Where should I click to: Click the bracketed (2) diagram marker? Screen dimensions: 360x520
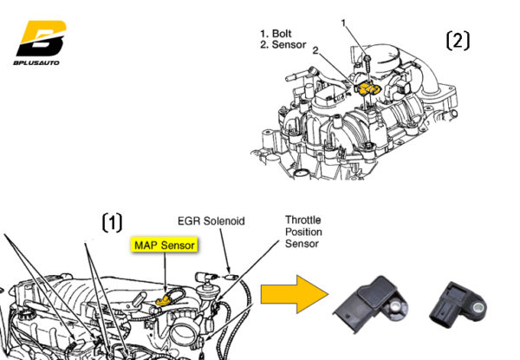(458, 40)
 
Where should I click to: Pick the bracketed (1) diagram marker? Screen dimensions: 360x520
(114, 222)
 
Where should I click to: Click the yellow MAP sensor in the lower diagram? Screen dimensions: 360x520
(161, 300)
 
